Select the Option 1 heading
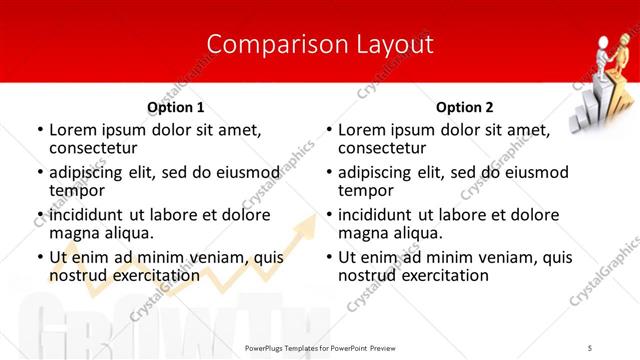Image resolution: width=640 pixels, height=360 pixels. click(x=175, y=107)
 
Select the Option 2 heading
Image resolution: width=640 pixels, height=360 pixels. click(x=464, y=107)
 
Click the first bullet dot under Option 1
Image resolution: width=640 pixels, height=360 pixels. click(x=40, y=130)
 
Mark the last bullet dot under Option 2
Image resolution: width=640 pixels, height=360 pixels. click(x=329, y=257)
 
